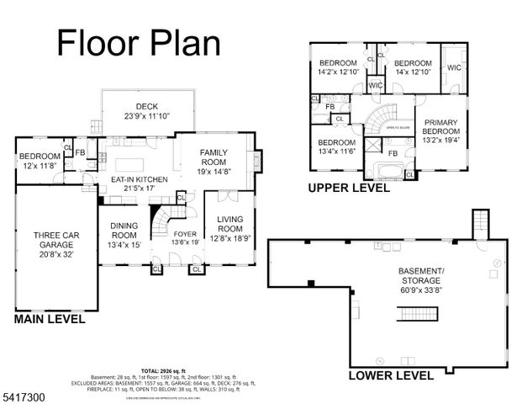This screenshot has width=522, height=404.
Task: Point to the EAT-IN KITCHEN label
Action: (134, 183)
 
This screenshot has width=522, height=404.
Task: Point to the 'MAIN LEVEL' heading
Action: (48, 320)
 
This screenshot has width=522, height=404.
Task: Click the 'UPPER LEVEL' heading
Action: (349, 189)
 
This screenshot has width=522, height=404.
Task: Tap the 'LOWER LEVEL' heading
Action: (391, 375)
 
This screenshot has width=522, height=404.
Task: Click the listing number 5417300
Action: (24, 393)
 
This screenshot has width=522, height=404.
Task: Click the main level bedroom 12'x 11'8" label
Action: (40, 162)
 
